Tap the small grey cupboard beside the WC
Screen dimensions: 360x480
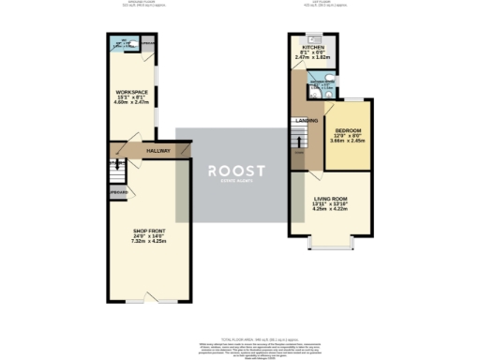(x=147, y=42)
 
